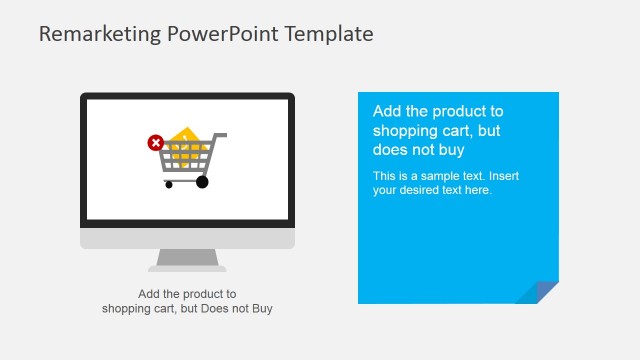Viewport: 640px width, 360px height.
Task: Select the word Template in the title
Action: pos(329,34)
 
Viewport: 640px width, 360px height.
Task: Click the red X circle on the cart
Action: pos(155,143)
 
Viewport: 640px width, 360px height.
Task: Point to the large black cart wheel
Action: pos(202,182)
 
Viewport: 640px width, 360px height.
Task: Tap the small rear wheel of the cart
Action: pos(168,184)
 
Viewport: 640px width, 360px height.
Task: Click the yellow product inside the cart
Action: pos(184,143)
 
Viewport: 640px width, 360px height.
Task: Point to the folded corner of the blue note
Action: pos(541,291)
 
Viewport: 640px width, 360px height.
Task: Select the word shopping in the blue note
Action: pos(405,130)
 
